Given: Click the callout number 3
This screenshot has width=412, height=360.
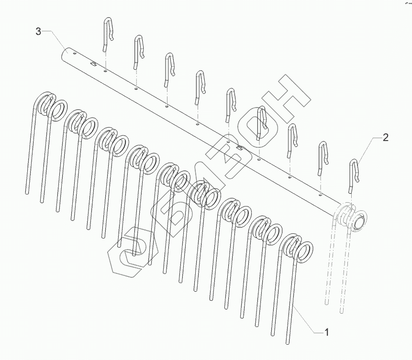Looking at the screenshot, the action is point(38,32).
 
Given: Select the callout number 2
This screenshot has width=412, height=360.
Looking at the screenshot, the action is point(386,138).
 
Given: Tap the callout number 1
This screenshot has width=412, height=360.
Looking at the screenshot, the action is point(327,332).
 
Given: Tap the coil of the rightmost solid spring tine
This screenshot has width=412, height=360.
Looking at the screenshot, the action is point(296,248).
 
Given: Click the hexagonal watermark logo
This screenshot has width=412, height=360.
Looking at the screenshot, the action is point(133,251).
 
